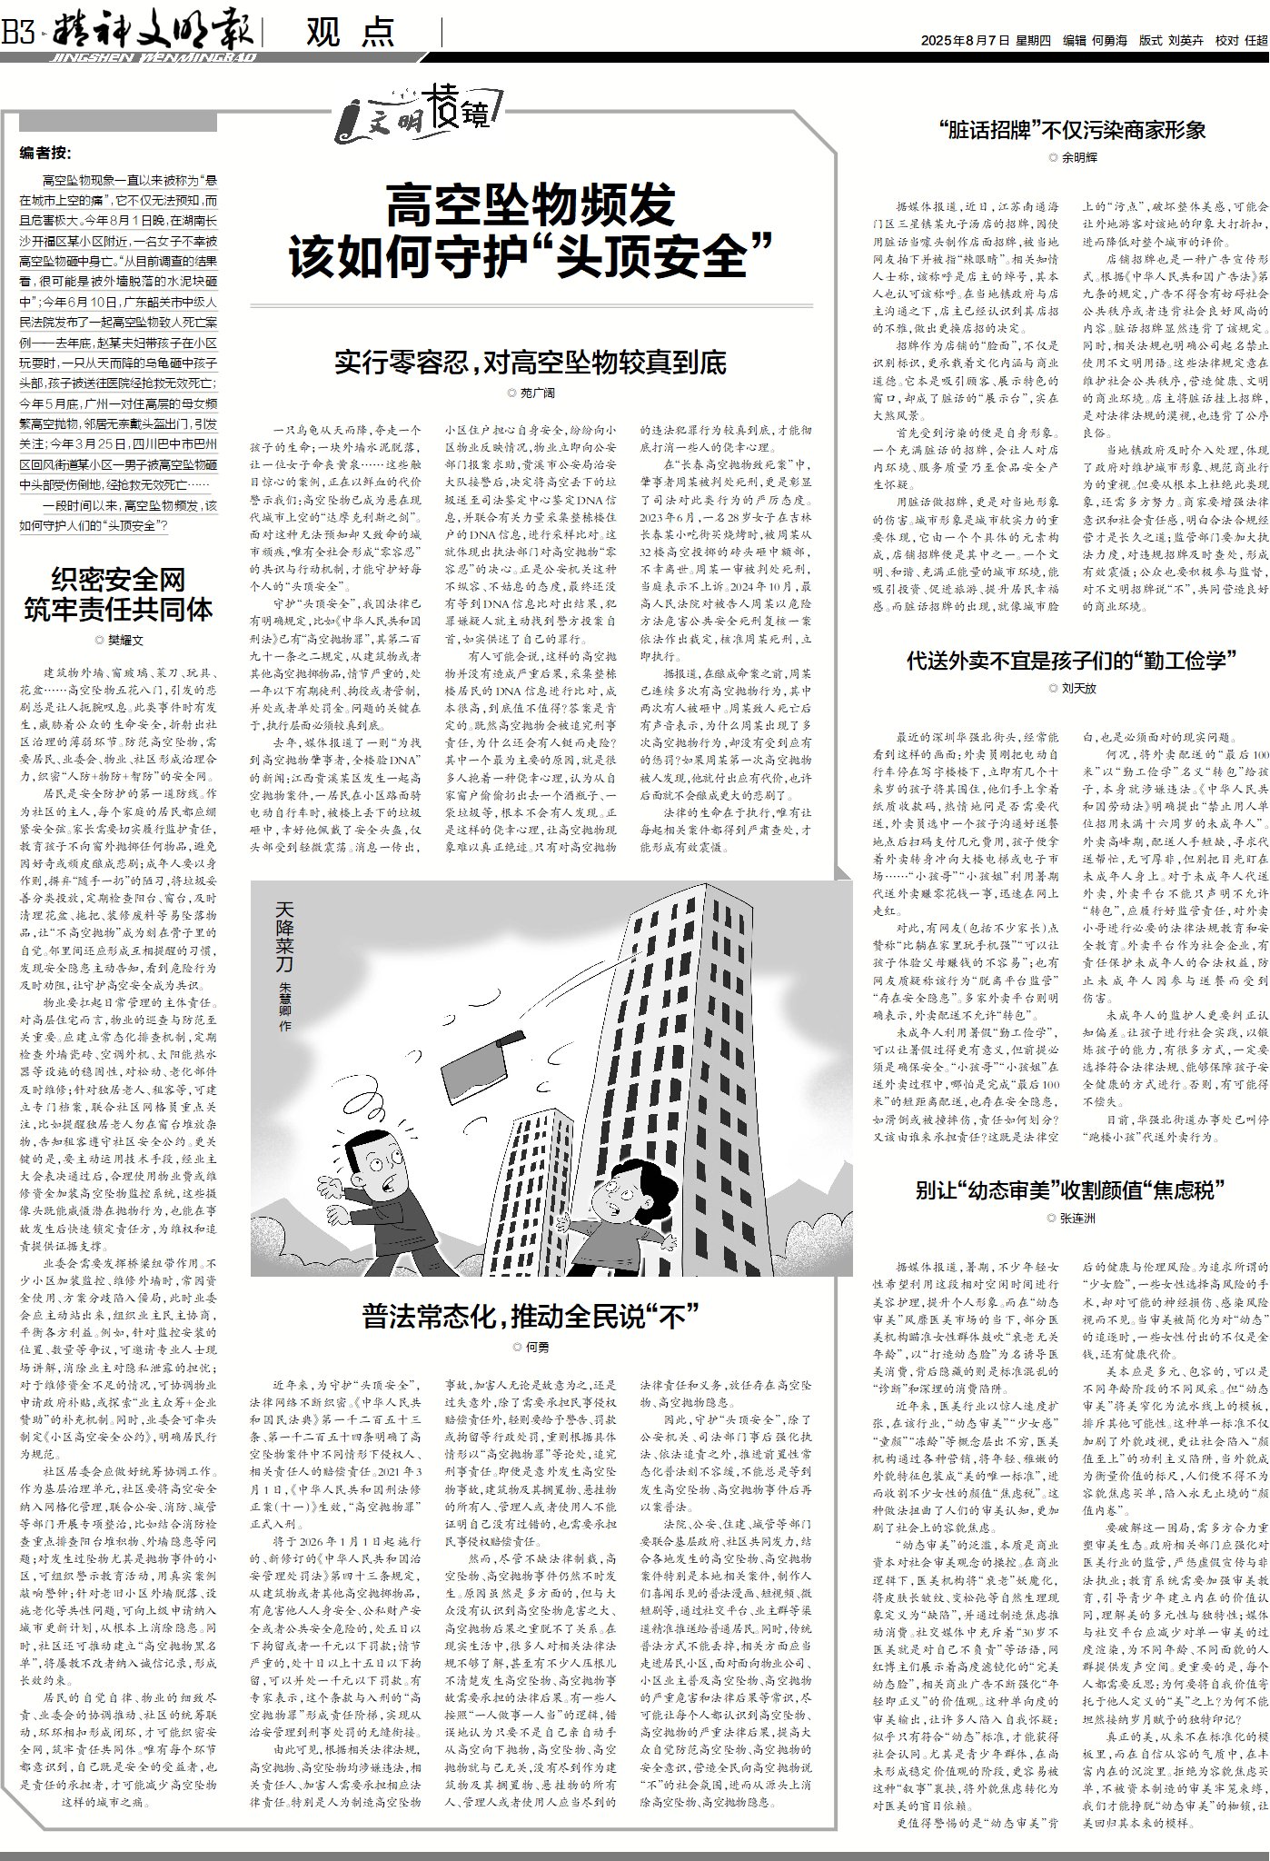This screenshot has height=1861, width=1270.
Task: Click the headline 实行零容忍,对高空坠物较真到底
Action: [x=531, y=363]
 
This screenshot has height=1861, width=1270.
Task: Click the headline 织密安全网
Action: [x=118, y=578]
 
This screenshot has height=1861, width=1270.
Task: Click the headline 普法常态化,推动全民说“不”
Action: [x=531, y=1315]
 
